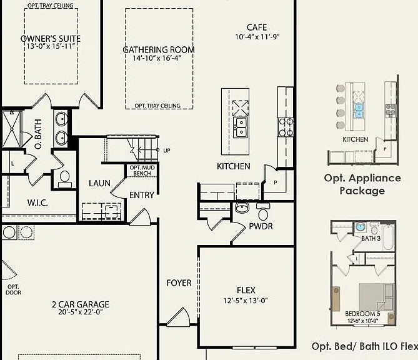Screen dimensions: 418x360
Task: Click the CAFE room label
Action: (257, 27)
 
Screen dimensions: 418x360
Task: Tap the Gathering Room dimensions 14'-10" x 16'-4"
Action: (157, 58)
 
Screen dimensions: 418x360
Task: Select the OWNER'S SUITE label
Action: (51, 38)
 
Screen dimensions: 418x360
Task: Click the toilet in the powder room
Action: (263, 211)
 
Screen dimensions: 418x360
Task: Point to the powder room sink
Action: (242, 207)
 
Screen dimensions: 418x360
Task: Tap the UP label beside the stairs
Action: (167, 151)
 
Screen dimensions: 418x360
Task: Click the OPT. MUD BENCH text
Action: (142, 171)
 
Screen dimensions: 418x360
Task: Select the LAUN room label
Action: (99, 183)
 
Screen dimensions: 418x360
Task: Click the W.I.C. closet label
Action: (37, 203)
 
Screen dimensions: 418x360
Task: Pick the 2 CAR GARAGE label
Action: (81, 304)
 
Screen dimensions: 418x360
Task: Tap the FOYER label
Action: (179, 283)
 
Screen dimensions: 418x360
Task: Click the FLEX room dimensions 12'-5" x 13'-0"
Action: (246, 301)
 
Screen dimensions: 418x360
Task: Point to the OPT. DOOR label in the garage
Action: (13, 289)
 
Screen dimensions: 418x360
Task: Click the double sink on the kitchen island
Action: (241, 127)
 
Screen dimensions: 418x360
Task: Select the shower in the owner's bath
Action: (12, 129)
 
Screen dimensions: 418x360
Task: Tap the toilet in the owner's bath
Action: (65, 179)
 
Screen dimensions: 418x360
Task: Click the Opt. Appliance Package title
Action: (362, 184)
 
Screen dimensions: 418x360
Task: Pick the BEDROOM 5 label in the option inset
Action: (362, 314)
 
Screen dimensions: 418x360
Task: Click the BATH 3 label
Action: (371, 238)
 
